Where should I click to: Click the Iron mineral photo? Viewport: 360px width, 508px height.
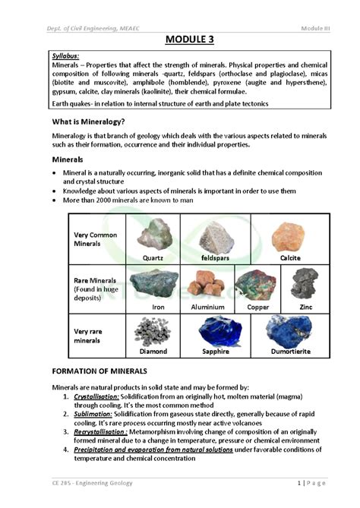click(x=154, y=285)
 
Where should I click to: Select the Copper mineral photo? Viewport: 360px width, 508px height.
click(x=256, y=285)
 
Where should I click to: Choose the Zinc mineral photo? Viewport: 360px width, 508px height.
click(x=305, y=283)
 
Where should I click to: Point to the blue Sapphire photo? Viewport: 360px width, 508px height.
click(x=220, y=332)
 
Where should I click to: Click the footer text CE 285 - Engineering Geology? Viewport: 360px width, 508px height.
click(x=92, y=483)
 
